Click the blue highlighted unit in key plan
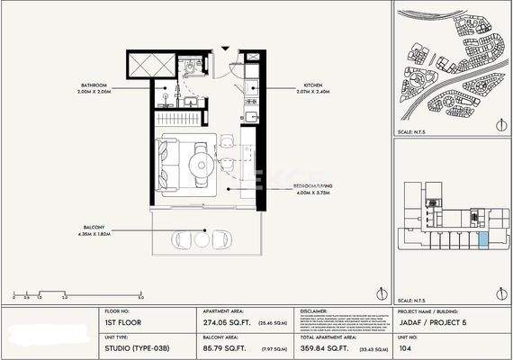(484, 238)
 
